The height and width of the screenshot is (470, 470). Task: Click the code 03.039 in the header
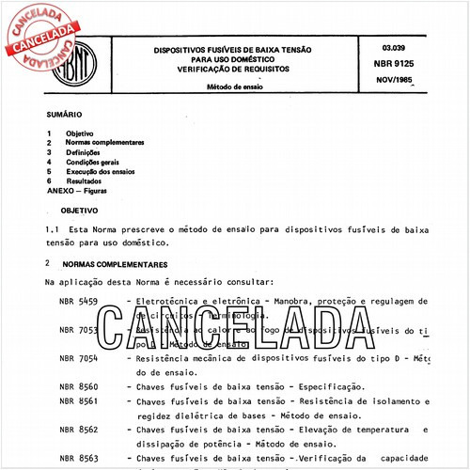396,47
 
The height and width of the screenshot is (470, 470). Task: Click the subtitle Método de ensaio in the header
234,86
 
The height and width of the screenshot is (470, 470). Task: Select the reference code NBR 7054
79,359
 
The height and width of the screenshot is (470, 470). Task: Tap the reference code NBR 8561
79,401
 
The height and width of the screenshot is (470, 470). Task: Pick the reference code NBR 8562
79,430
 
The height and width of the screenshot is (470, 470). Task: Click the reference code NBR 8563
79,458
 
